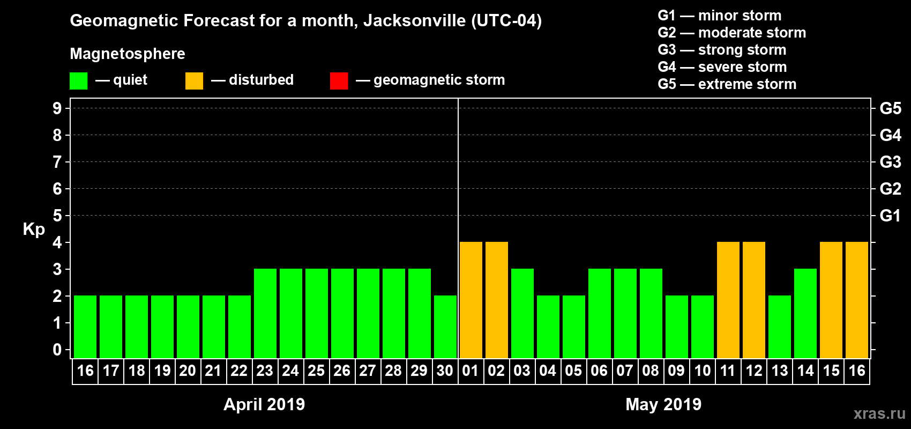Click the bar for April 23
265,313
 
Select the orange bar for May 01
471,300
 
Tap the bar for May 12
754,300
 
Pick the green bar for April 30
445,327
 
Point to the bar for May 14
805,313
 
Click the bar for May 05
574,327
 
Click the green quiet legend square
79,81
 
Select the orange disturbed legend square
194,81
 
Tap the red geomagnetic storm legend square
339,81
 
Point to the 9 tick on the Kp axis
57,108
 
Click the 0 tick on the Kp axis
57,350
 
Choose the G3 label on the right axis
890,162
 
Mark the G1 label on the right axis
890,216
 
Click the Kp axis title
34,230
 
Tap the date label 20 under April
188,371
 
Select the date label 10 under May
702,371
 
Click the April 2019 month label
264,404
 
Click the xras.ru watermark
879,413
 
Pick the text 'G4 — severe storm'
722,67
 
